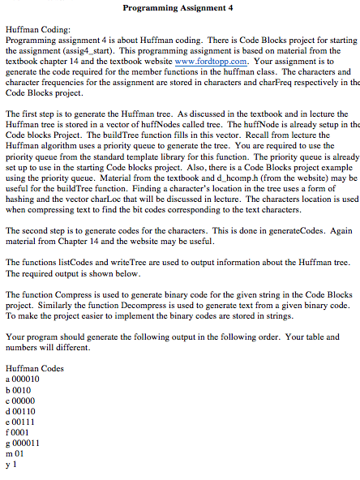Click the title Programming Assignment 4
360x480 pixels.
(x=178, y=7)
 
